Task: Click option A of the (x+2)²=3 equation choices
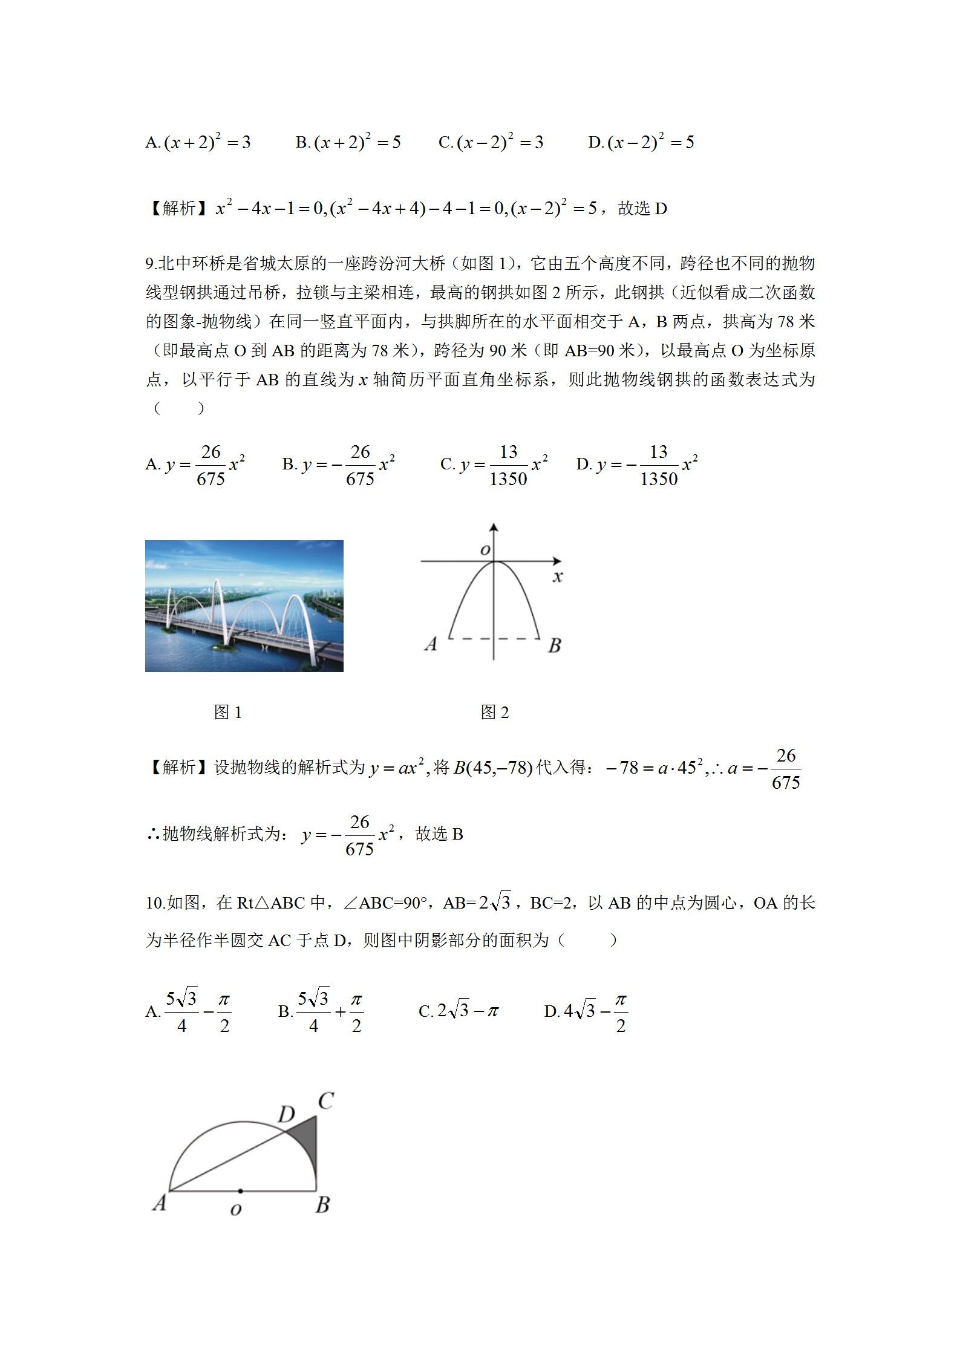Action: click(x=198, y=142)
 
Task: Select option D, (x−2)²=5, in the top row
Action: click(x=641, y=142)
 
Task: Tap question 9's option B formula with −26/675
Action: click(x=339, y=465)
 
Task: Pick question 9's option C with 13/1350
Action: click(x=494, y=465)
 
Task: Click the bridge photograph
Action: click(x=244, y=606)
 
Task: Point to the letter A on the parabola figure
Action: click(x=431, y=644)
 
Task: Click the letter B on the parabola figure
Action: click(x=554, y=645)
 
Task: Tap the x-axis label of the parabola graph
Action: click(x=558, y=576)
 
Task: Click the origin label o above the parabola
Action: click(x=485, y=550)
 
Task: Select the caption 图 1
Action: click(x=228, y=713)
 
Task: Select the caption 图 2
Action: click(x=495, y=713)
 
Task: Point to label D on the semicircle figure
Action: click(x=286, y=1114)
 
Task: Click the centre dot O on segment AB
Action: click(x=241, y=1191)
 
